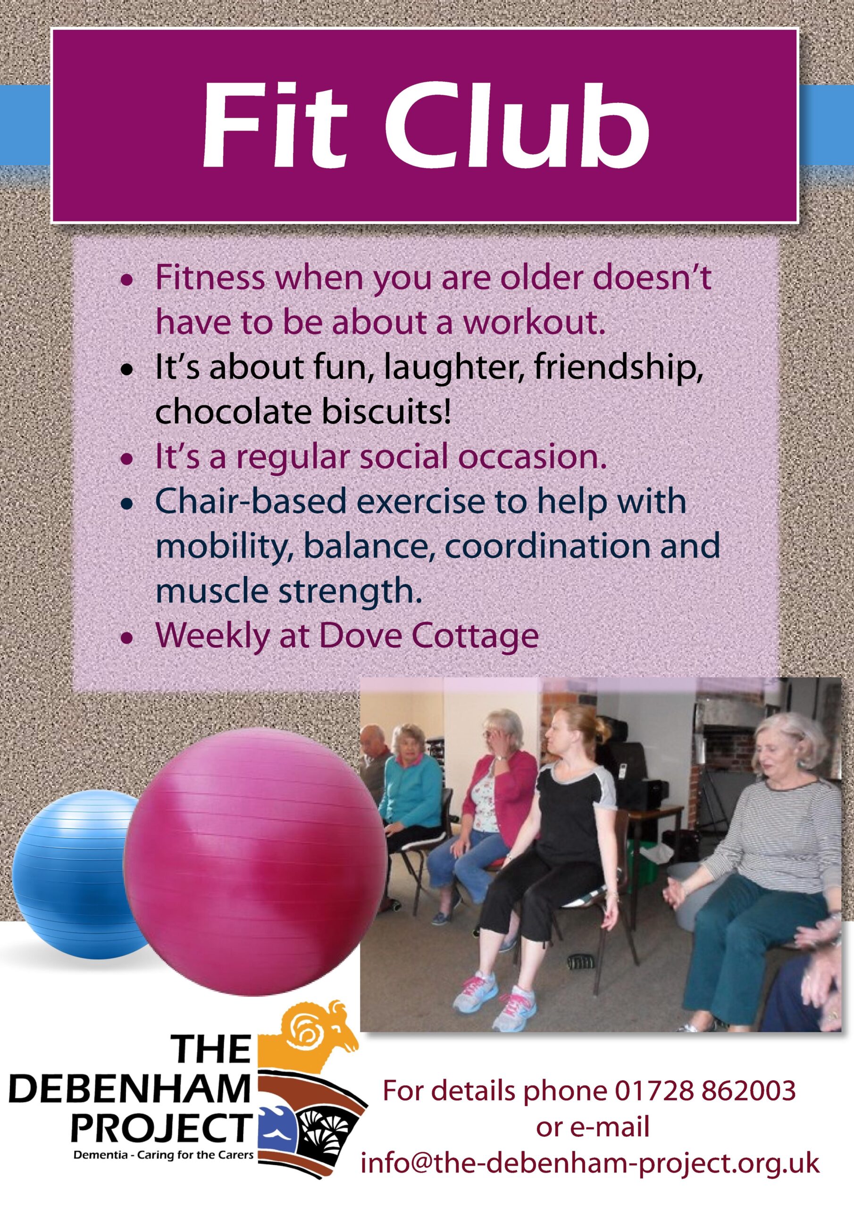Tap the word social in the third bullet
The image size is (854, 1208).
pyautogui.click(x=405, y=457)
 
